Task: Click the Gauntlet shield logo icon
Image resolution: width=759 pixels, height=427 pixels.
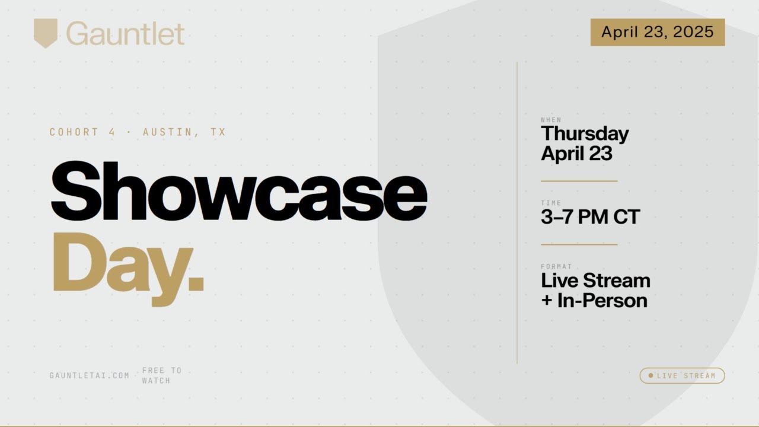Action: coord(46,33)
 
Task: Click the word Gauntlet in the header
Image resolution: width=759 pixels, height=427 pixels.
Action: coord(126,33)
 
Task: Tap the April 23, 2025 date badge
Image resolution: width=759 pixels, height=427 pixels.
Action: coord(657,32)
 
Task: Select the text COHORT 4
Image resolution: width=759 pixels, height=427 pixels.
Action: coord(82,132)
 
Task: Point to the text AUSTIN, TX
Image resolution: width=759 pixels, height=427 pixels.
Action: coord(184,132)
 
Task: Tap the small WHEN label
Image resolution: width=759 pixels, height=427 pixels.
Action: coord(551,120)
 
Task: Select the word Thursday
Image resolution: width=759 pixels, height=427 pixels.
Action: coord(584,134)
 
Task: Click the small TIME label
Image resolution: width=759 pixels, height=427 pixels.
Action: coord(551,203)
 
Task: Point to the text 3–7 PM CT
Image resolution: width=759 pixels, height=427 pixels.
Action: coord(590,217)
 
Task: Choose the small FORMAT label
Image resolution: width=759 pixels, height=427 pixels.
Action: coord(556,266)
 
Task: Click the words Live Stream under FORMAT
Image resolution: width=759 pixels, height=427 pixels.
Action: coord(595,281)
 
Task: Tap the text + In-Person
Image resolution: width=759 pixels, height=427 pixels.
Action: coord(594,301)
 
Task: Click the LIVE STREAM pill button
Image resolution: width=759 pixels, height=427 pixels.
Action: coord(682,375)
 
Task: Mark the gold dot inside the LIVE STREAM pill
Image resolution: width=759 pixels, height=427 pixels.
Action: coord(650,375)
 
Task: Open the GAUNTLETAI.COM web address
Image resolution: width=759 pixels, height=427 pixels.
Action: coord(90,375)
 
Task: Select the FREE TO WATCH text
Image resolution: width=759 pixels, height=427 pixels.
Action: coord(161,375)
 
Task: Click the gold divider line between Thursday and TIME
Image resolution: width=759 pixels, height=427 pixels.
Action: coord(579,181)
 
